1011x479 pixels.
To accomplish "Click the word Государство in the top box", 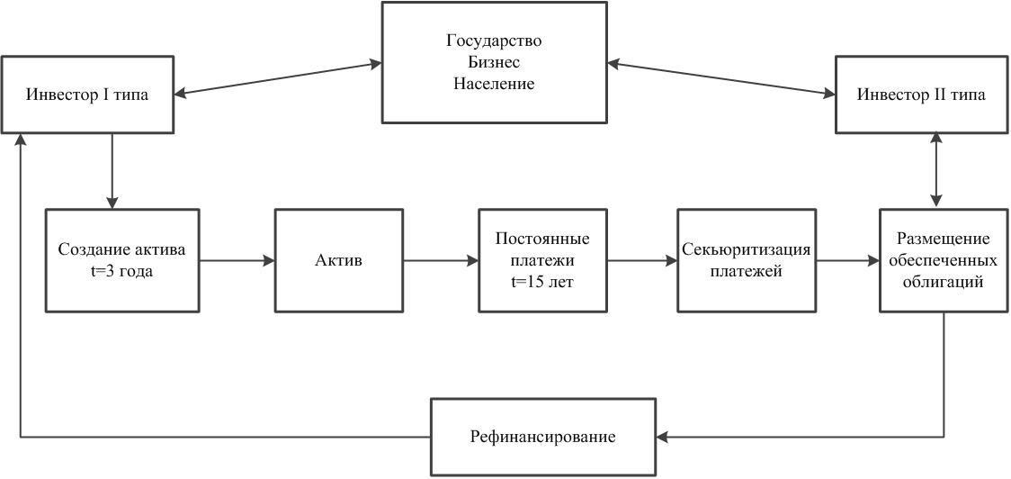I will coord(494,41).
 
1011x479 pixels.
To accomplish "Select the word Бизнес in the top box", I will coord(494,62).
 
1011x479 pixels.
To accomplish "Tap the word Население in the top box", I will coord(494,84).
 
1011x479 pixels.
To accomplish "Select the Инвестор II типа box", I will coord(920,95).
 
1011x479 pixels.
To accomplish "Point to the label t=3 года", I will coord(122,271).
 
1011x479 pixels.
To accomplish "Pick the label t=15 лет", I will coord(542,282).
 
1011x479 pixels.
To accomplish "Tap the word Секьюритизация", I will coord(746,249).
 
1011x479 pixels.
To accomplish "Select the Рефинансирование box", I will coord(542,438).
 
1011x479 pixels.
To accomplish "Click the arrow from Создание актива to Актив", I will coord(237,261).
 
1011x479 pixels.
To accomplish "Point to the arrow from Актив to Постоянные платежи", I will coord(441,261).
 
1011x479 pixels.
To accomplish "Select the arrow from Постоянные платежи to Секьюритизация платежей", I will coord(642,261).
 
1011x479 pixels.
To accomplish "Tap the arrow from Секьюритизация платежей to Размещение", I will coord(846,261).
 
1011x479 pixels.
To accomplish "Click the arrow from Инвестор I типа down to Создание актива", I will coord(112,171).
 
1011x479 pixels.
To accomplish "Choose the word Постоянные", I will coord(542,239).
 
